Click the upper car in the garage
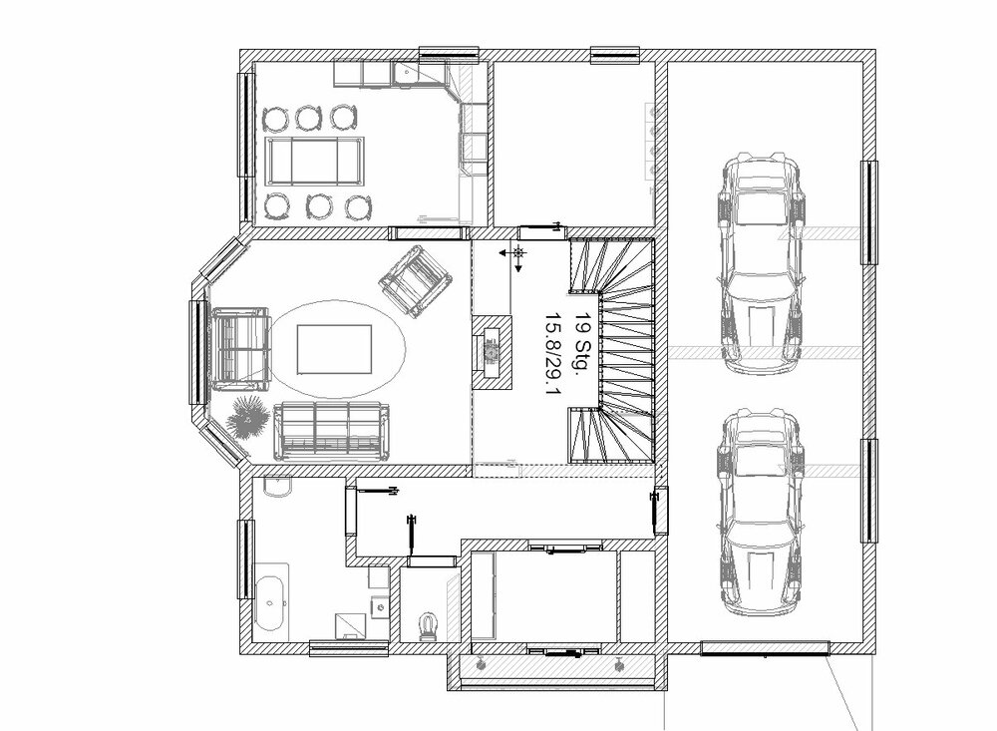(761, 262)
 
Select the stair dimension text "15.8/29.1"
(553, 352)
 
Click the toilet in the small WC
(429, 627)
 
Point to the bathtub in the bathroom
(271, 602)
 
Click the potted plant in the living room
(248, 416)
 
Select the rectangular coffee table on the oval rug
(334, 350)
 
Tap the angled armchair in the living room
(415, 280)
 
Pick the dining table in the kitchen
(315, 161)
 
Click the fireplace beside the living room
(492, 352)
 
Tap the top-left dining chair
(276, 119)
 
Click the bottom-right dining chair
(358, 206)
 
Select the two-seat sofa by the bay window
(239, 349)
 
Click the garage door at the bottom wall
(765, 648)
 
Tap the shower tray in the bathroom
(351, 626)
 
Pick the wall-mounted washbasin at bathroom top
(276, 487)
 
